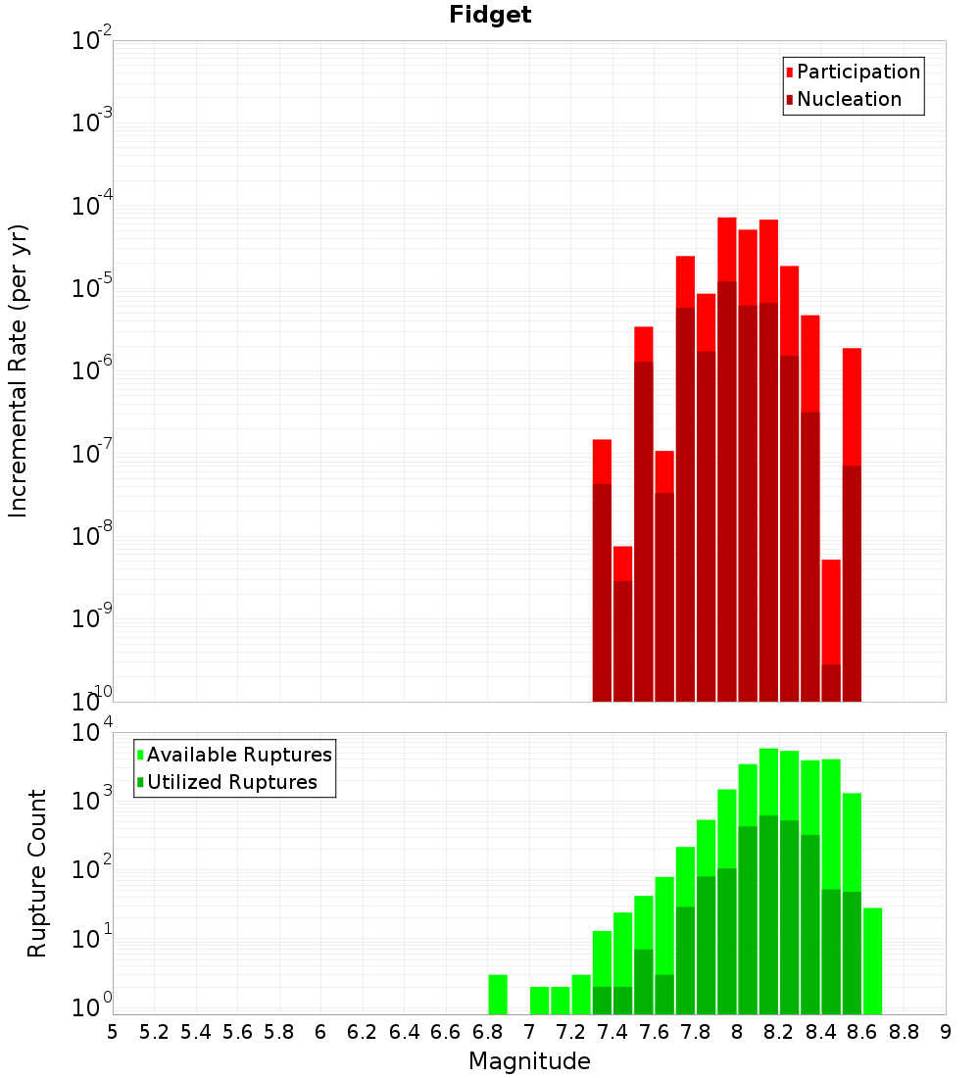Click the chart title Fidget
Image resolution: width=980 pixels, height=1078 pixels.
point(490,15)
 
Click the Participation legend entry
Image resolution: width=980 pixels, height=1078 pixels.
point(857,72)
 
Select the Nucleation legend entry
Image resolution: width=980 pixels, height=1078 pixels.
point(848,99)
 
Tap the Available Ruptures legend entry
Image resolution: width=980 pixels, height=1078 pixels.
point(238,755)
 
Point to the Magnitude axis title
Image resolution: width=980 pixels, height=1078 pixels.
point(529,1061)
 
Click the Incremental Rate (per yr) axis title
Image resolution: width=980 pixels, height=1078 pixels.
point(19,371)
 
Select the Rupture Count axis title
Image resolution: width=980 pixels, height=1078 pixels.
point(37,873)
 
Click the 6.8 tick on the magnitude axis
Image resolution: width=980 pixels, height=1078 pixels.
point(487,1032)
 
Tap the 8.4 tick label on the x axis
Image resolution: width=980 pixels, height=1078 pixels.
point(820,1032)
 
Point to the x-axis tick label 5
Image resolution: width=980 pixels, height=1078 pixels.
point(113,1032)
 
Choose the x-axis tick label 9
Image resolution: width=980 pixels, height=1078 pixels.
point(946,1032)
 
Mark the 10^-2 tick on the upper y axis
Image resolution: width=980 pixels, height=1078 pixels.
point(92,40)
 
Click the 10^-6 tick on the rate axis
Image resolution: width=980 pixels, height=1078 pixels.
point(92,370)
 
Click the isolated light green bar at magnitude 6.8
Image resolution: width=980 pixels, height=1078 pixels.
point(498,994)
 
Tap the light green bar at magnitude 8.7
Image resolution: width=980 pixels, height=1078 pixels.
point(872,960)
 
